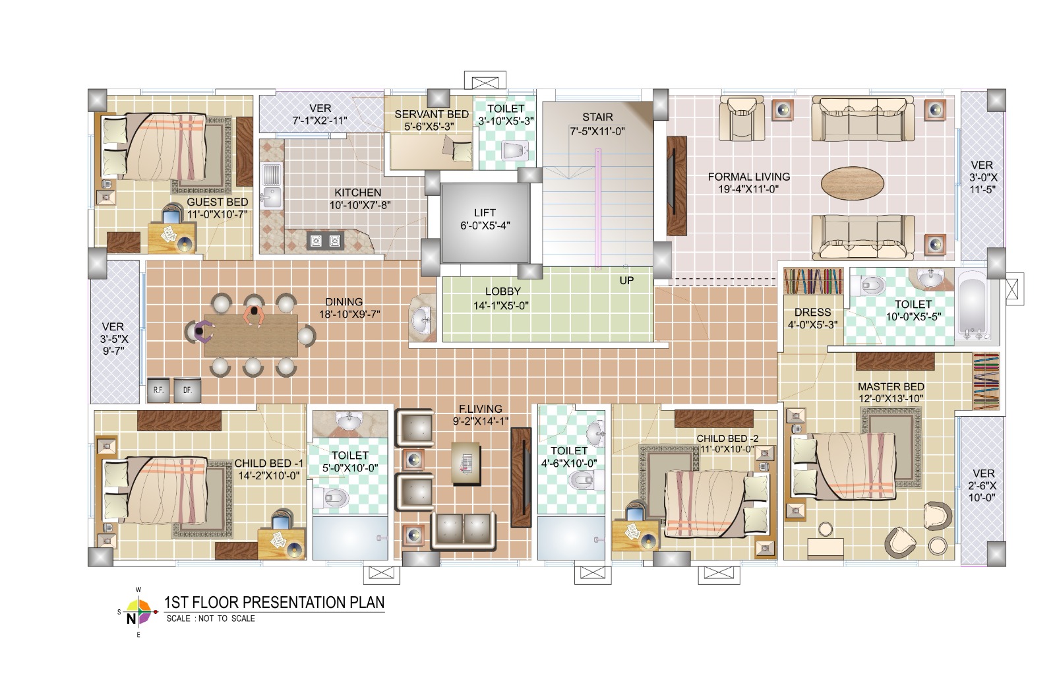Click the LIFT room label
click(x=485, y=213)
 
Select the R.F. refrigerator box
click(x=158, y=390)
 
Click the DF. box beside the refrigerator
click(x=187, y=390)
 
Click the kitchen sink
click(x=271, y=185)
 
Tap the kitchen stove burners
click(x=326, y=241)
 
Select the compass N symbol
click(x=131, y=619)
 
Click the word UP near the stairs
click(x=626, y=281)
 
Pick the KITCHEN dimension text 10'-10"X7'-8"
click(x=360, y=205)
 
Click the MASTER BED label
click(x=891, y=386)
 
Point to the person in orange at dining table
click(x=255, y=317)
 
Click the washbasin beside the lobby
click(x=422, y=318)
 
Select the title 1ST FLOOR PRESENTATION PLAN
click(x=274, y=602)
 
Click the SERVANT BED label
click(x=431, y=115)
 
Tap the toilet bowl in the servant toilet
click(x=514, y=151)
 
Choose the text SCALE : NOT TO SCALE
click(x=210, y=619)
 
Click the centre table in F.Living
click(x=466, y=464)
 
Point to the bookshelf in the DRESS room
click(x=814, y=281)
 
